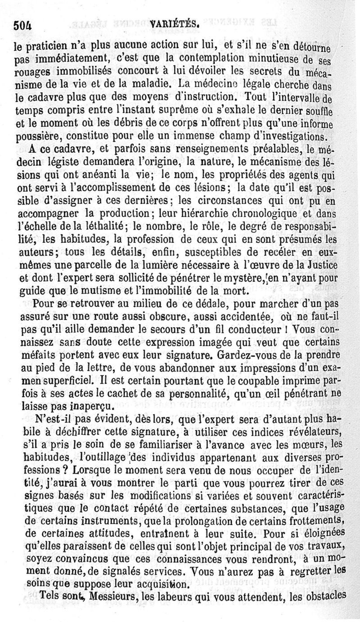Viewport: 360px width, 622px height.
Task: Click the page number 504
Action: pyautogui.click(x=25, y=25)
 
